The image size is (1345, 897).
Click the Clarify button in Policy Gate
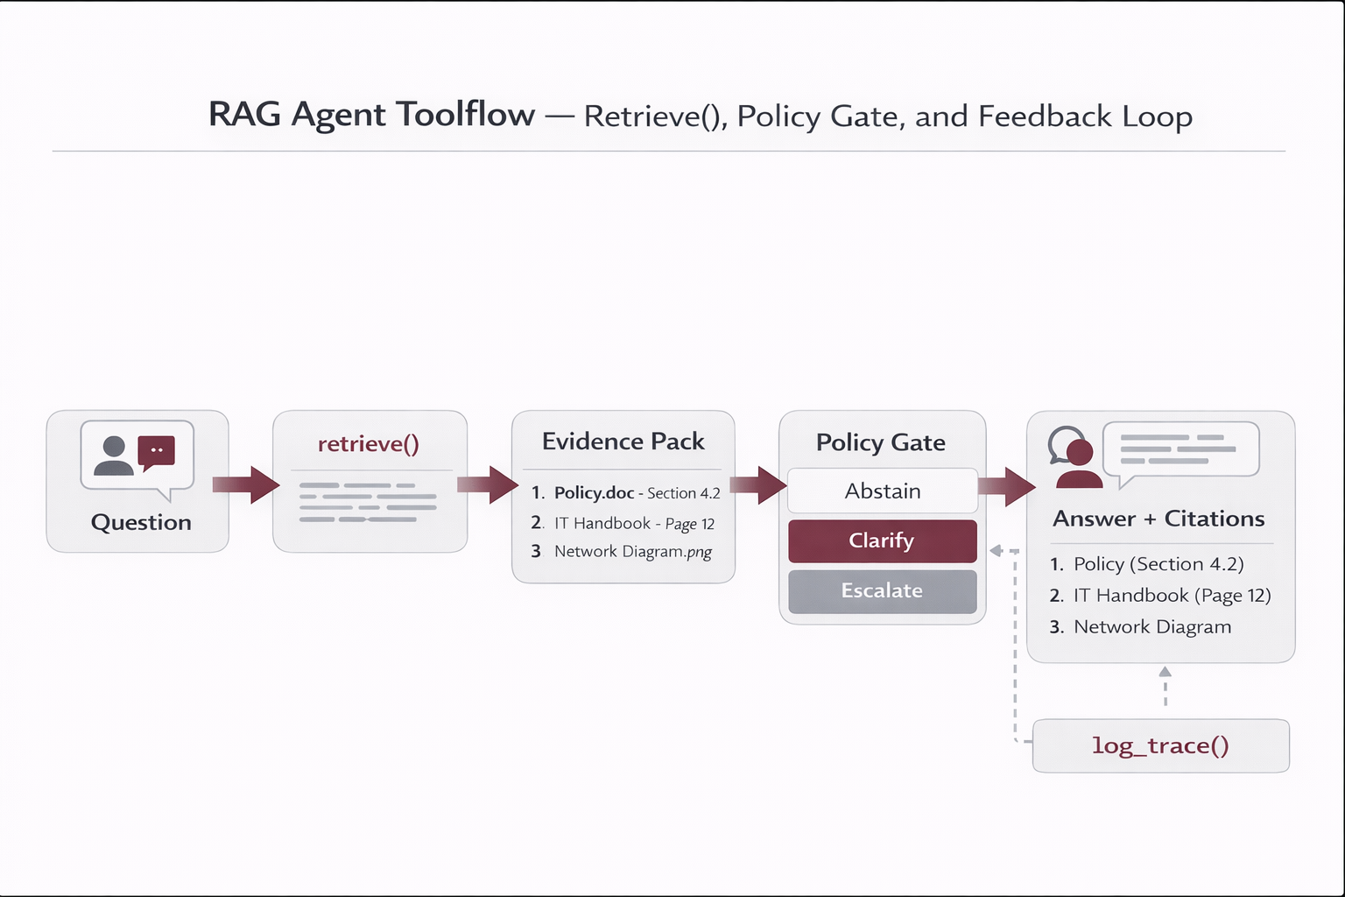click(x=882, y=540)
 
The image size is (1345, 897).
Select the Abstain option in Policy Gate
click(x=882, y=491)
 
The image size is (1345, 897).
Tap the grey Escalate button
click(x=882, y=591)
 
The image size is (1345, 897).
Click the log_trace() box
click(x=1160, y=745)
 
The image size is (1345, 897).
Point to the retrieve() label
click(x=369, y=444)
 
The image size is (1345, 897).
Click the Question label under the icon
click(x=141, y=522)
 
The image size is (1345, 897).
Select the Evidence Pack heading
click(x=623, y=441)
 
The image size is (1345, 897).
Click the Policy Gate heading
click(x=880, y=442)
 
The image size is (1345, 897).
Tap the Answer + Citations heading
click(x=1158, y=519)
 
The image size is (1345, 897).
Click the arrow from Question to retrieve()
click(x=248, y=484)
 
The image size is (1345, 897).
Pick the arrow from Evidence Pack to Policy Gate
click(x=759, y=484)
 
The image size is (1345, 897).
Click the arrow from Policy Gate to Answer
click(x=1008, y=486)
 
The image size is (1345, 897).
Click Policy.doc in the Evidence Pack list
click(x=594, y=493)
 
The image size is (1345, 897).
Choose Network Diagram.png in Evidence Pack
click(x=632, y=552)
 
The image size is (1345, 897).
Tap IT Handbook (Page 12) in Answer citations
click(x=1172, y=596)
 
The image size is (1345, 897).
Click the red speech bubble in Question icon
click(x=157, y=452)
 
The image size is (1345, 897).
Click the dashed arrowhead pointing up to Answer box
click(x=1165, y=673)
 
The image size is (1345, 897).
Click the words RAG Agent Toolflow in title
click(x=371, y=115)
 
